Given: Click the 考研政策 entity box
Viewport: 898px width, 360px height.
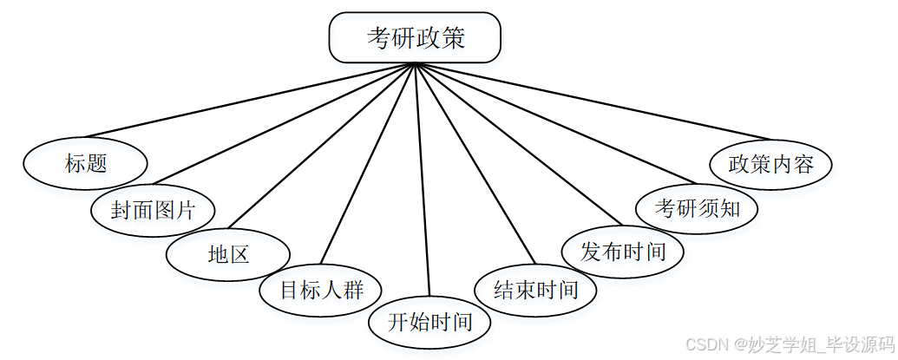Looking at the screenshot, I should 415,37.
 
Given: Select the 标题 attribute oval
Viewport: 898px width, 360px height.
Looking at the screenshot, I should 85,162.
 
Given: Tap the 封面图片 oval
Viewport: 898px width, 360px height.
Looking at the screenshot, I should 153,209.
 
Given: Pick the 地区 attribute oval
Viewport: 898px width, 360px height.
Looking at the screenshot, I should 228,254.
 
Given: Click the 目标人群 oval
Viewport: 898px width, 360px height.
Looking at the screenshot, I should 321,289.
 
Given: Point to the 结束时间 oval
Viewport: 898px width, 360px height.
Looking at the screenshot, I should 535,289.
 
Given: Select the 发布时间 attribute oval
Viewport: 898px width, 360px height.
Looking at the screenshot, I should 623,252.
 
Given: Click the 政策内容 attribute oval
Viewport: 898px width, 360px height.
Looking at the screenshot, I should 770,163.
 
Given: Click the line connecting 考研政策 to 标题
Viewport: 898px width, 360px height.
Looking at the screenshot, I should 252,101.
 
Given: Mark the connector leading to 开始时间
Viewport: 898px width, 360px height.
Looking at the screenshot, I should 423,182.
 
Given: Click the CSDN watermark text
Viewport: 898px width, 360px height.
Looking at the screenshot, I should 790,344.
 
